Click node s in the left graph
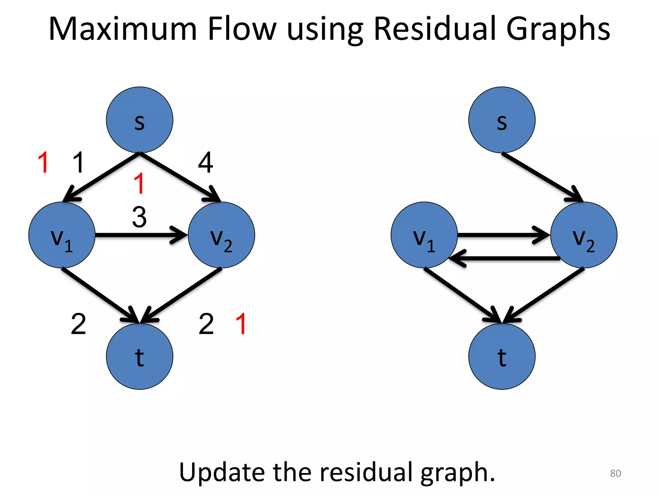coord(139,120)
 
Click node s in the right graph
coord(502,120)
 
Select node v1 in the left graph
coord(62,235)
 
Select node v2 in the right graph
coord(584,235)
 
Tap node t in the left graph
coord(139,356)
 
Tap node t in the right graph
coord(502,356)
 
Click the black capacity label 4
coord(206,163)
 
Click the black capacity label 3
coord(139,217)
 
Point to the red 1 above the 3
coord(139,183)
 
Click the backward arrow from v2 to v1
coord(503,258)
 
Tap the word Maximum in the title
coord(123,29)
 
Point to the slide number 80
coord(615,473)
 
